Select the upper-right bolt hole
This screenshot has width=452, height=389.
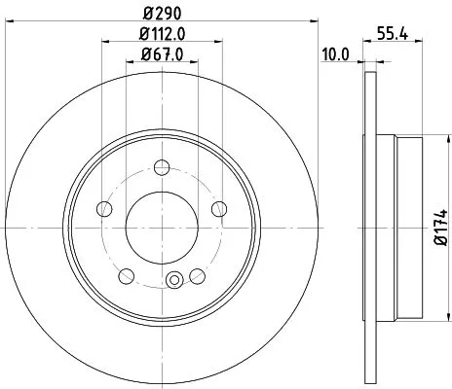coord(217,206)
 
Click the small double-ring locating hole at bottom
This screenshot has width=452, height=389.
coord(174,283)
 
